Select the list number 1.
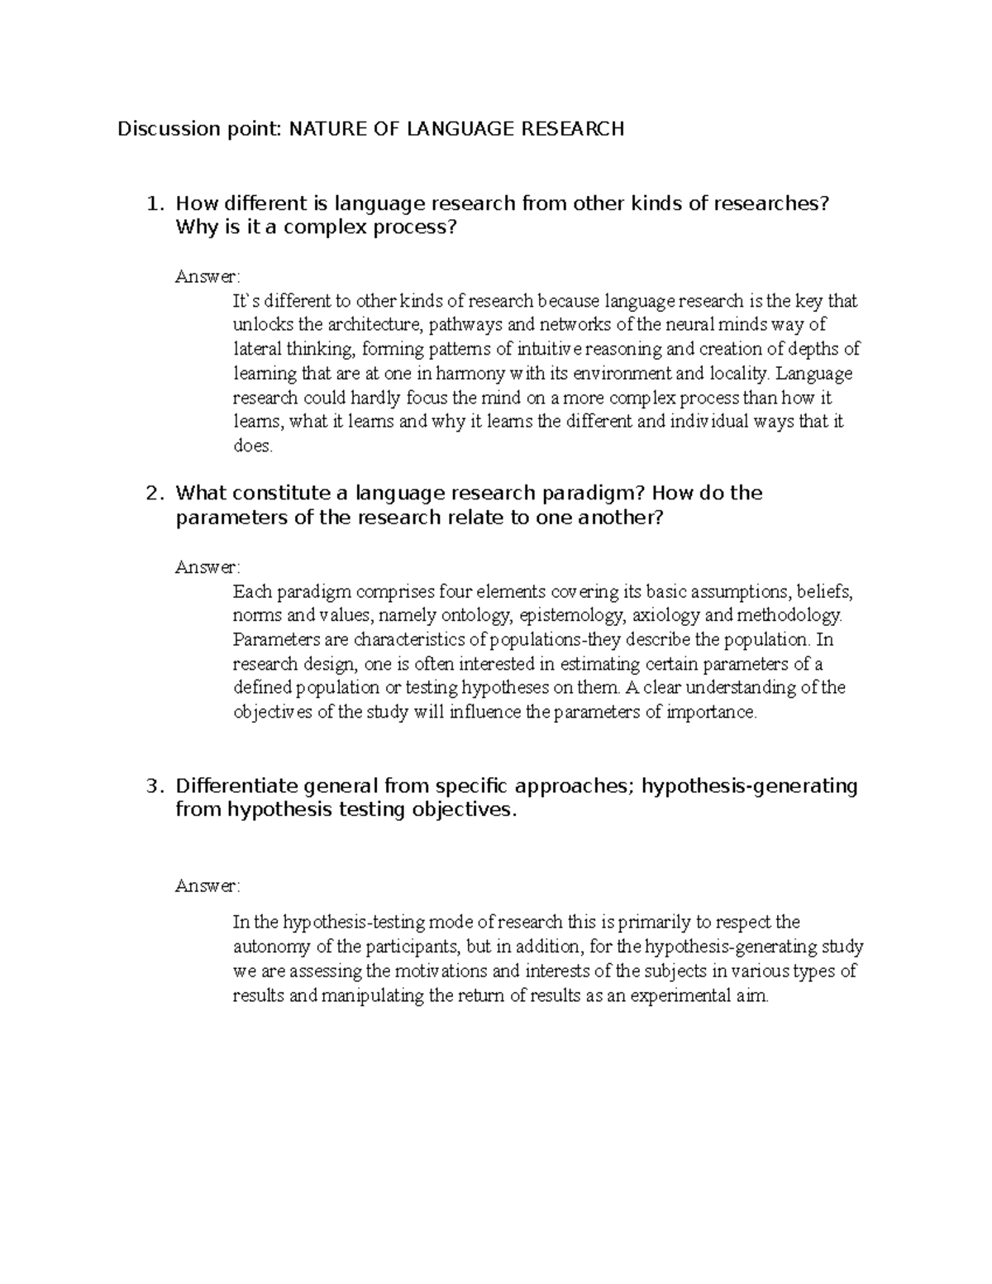point(150,203)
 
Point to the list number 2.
point(150,494)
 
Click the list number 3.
point(150,785)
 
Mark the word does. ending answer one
point(251,446)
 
